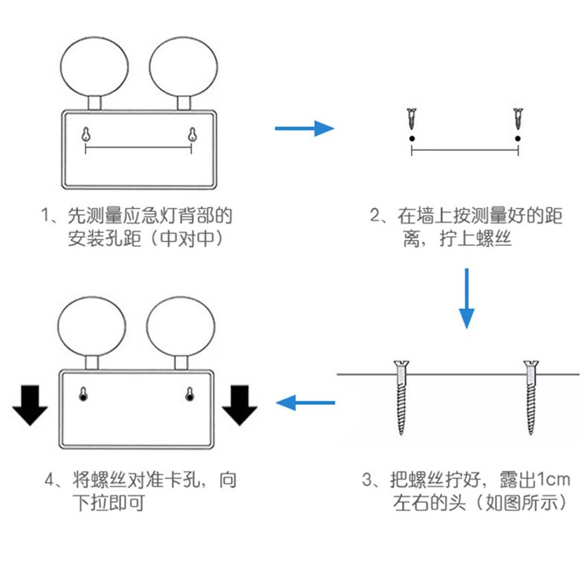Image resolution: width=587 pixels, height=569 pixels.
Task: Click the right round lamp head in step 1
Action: click(181, 63)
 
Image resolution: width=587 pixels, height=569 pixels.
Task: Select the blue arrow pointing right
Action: click(305, 129)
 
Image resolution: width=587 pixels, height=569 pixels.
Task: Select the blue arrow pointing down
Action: click(466, 297)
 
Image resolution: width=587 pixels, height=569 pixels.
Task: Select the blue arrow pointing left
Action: click(305, 403)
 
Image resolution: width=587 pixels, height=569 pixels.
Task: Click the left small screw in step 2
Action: click(411, 118)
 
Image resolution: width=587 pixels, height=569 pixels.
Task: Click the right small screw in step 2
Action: click(518, 118)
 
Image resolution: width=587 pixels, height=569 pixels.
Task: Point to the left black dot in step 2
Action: click(411, 138)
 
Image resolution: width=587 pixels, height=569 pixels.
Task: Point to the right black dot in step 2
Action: click(518, 138)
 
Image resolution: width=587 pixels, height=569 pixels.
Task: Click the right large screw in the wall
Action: click(531, 397)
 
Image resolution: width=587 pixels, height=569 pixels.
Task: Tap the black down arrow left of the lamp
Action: click(30, 405)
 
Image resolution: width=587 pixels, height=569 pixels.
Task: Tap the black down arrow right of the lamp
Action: click(239, 405)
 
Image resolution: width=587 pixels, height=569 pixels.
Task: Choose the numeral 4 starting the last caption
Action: click(50, 480)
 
